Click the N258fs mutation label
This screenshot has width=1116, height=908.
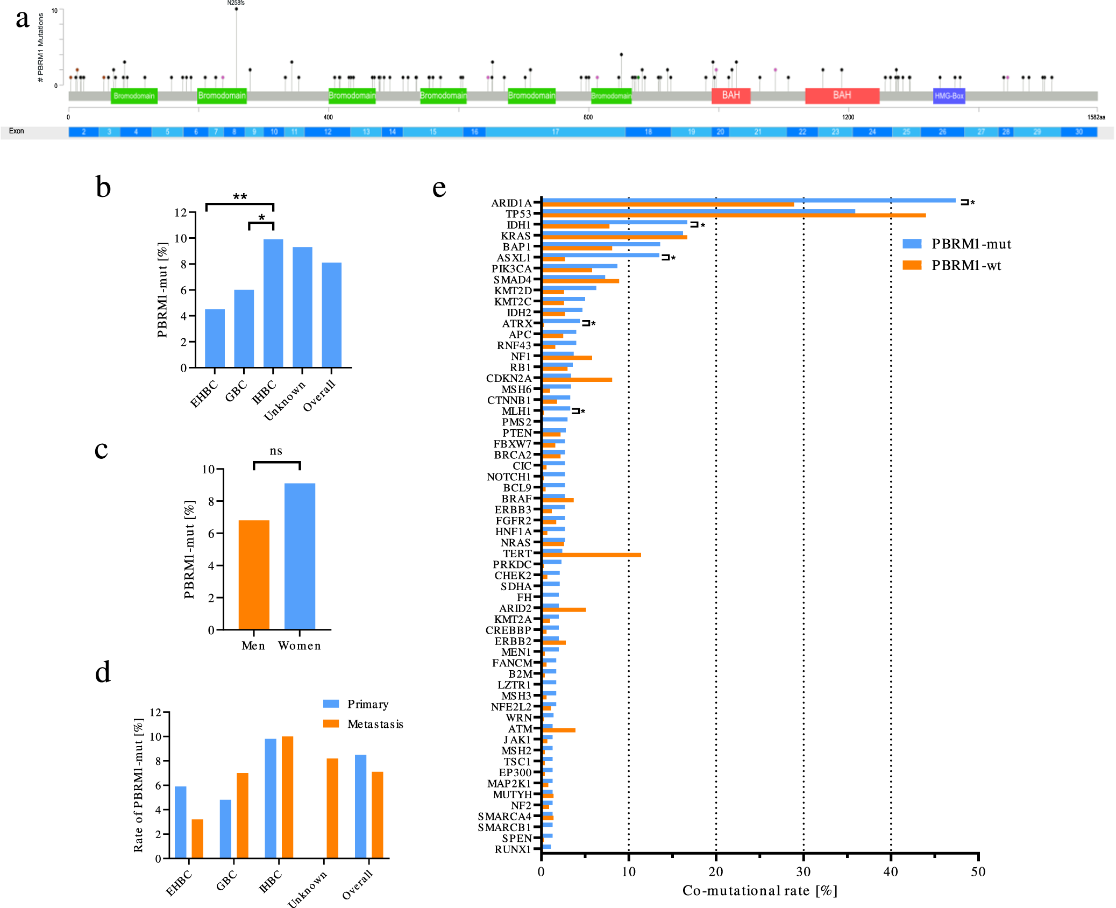(x=236, y=3)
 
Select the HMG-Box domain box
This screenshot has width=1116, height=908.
(x=949, y=96)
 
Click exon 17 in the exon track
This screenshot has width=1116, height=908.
(x=555, y=132)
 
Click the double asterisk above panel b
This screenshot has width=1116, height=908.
(x=240, y=197)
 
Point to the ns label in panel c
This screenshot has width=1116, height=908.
(x=276, y=451)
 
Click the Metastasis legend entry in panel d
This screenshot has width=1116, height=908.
(x=374, y=724)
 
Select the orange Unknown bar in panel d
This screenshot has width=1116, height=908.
(x=332, y=808)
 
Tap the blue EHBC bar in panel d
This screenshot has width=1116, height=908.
(x=181, y=822)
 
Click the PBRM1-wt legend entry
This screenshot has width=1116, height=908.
(x=965, y=265)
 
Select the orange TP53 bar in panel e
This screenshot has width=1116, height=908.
(x=734, y=216)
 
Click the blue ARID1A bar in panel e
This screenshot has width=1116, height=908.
(x=748, y=201)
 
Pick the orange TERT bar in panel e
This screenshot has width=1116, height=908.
(x=592, y=555)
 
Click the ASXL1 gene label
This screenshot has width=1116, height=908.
(x=513, y=258)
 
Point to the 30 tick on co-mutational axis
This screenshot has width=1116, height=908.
(x=803, y=872)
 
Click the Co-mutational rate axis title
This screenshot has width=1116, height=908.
(x=759, y=891)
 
